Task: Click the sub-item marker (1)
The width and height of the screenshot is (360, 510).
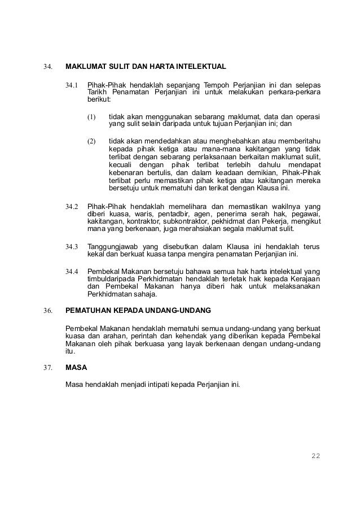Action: point(91,118)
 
